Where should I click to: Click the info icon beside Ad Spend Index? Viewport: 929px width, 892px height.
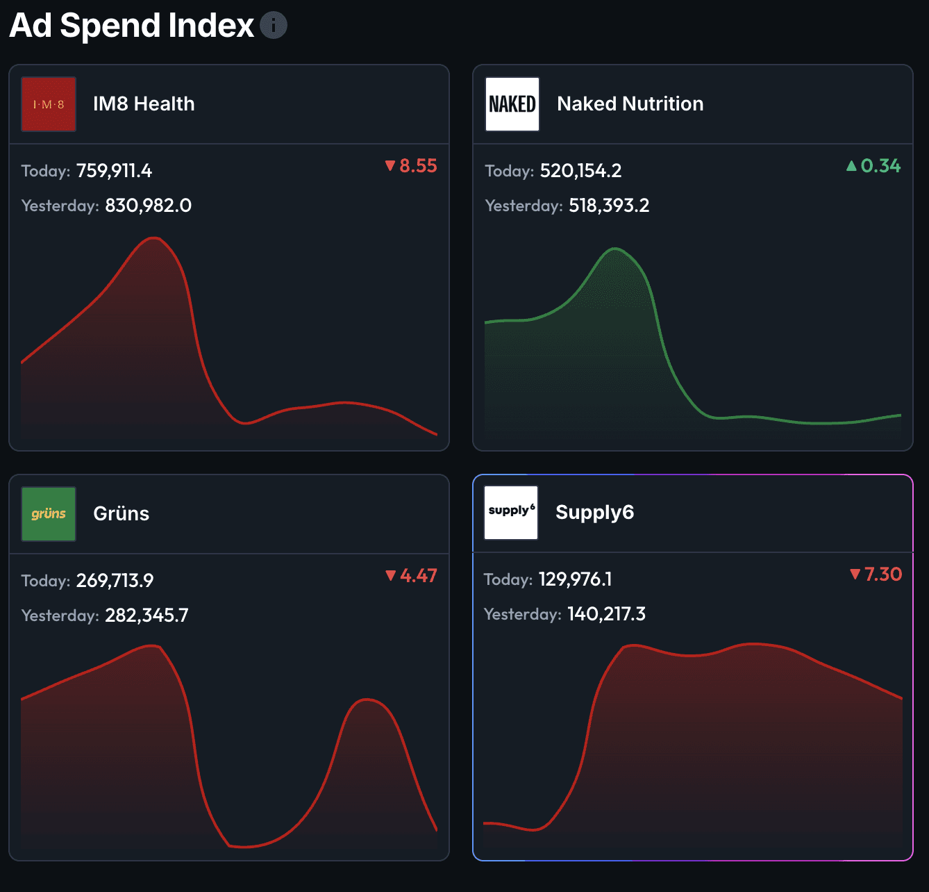[x=274, y=26]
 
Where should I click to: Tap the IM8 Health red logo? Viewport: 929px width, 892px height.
[x=49, y=104]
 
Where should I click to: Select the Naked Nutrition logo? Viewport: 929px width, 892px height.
[x=512, y=104]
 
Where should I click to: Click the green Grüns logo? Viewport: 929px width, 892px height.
[x=49, y=514]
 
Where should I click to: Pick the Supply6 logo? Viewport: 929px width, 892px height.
[x=511, y=513]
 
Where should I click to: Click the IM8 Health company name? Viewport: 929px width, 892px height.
[x=144, y=104]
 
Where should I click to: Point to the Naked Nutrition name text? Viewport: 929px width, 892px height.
[x=630, y=104]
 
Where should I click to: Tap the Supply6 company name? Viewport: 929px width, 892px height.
[x=594, y=513]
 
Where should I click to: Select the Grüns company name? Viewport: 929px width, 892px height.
[x=122, y=514]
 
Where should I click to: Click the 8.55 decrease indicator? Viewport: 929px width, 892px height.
[x=412, y=166]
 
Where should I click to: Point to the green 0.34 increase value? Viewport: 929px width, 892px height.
[x=874, y=166]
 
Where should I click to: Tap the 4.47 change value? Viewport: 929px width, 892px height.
[x=412, y=576]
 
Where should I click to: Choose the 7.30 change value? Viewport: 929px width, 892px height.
[x=876, y=575]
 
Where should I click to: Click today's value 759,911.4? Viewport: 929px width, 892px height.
[x=114, y=171]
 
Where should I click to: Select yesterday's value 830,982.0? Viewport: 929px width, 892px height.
[x=148, y=206]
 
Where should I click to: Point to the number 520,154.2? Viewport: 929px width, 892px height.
[x=580, y=171]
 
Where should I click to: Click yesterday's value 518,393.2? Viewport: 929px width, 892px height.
[x=609, y=206]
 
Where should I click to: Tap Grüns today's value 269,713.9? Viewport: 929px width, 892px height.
[x=115, y=581]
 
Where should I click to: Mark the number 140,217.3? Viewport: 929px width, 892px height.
[x=606, y=614]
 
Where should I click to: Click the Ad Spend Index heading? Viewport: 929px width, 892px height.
[x=132, y=26]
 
